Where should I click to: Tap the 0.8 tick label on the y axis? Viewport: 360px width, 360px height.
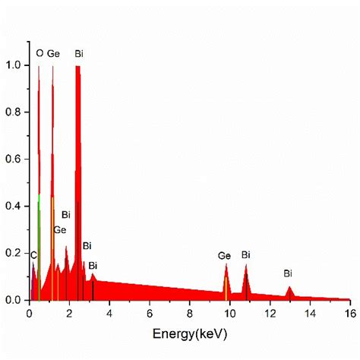14,112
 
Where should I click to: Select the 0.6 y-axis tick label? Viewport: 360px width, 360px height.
14,159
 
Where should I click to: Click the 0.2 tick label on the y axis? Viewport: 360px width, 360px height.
14,253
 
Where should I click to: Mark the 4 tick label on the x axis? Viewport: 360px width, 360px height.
109,313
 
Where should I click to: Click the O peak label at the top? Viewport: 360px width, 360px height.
39,54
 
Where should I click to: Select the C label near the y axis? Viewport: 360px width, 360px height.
33,255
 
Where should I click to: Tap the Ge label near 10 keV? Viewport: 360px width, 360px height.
224,256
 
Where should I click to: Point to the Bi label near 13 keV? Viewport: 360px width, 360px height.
288,273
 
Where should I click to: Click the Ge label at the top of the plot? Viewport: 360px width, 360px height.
53,54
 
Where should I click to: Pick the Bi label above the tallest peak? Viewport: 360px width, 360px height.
79,54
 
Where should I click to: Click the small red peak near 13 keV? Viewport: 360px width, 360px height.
289,292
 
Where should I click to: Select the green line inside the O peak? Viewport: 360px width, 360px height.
39,243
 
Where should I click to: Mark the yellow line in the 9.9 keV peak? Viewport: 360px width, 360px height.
226,288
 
